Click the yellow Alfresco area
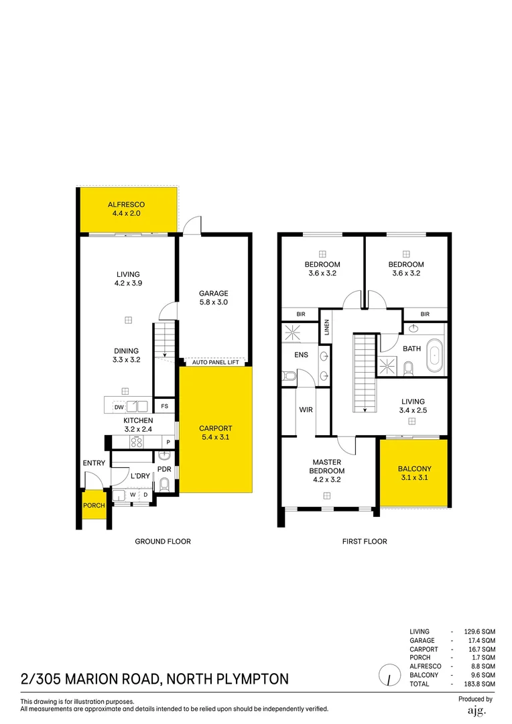(x=127, y=209)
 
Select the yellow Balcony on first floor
(x=413, y=473)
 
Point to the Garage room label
(x=214, y=293)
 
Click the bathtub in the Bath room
(x=436, y=355)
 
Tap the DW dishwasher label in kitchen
(x=119, y=407)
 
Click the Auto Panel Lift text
(x=216, y=362)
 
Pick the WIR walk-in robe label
(x=306, y=410)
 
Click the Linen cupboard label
(x=327, y=328)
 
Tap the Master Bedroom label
(x=327, y=467)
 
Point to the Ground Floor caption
(x=163, y=542)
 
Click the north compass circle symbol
(x=387, y=675)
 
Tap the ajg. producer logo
(x=476, y=710)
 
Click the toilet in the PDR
(x=165, y=485)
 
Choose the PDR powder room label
(x=165, y=469)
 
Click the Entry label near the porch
(x=94, y=463)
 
